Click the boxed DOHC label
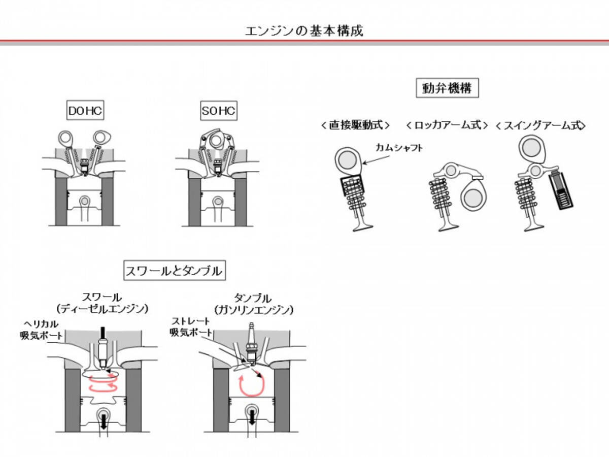coord(85,111)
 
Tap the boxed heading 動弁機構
coord(447,89)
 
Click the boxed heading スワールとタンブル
coord(175,271)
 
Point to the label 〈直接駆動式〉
coord(356,125)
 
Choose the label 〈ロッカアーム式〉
coord(447,125)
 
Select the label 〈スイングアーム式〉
coord(539,125)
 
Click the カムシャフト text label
coord(399,147)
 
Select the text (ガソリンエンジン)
coord(254,309)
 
